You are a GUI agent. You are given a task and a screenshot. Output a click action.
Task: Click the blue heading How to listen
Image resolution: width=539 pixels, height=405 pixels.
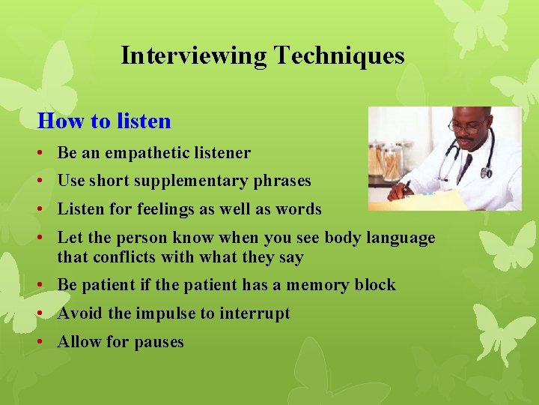point(104,121)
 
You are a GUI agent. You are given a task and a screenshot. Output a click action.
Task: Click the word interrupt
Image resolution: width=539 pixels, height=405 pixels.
point(255,313)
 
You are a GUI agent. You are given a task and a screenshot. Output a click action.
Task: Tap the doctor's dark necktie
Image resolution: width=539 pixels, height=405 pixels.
point(466,161)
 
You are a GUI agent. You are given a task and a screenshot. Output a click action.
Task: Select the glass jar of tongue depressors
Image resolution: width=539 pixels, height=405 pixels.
point(390,161)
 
